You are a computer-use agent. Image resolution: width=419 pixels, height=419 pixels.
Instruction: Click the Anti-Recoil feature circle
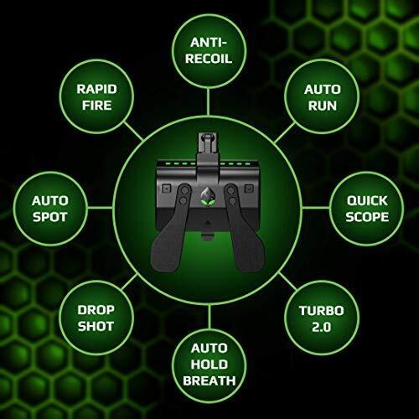pyautogui.click(x=209, y=51)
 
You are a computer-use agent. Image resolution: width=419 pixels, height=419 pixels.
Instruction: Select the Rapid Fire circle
pyautogui.click(x=96, y=96)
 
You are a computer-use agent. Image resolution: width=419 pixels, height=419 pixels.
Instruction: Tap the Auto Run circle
pyautogui.click(x=322, y=96)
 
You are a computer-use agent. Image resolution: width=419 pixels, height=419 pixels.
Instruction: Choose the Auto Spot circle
pyautogui.click(x=50, y=209)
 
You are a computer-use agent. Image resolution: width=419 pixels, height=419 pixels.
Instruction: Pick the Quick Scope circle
pyautogui.click(x=367, y=209)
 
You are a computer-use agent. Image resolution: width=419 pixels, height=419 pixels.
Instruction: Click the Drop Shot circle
pyautogui.click(x=96, y=318)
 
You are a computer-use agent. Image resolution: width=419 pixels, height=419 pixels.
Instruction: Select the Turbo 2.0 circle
pyautogui.click(x=322, y=318)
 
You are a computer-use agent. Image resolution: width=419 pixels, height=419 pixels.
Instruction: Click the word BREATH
pyautogui.click(x=209, y=380)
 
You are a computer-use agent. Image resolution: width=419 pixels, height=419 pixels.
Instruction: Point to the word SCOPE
pyautogui.click(x=367, y=217)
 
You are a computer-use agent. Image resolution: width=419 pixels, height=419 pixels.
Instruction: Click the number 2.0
pyautogui.click(x=322, y=327)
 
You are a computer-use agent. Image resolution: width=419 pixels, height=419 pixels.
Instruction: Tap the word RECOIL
pyautogui.click(x=209, y=59)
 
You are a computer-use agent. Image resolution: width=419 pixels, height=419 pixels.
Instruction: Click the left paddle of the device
pyautogui.click(x=170, y=228)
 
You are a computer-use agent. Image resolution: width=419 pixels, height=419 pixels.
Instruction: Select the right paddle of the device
pyautogui.click(x=246, y=228)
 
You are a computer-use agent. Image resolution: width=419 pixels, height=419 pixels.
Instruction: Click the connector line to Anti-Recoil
pyautogui.click(x=209, y=102)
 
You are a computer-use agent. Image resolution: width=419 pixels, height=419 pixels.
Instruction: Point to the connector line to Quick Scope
pyautogui.click(x=316, y=208)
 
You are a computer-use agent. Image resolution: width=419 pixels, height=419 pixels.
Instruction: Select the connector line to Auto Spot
pyautogui.click(x=101, y=208)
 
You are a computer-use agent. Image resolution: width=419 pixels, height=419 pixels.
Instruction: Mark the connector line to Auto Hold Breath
pyautogui.click(x=209, y=317)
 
